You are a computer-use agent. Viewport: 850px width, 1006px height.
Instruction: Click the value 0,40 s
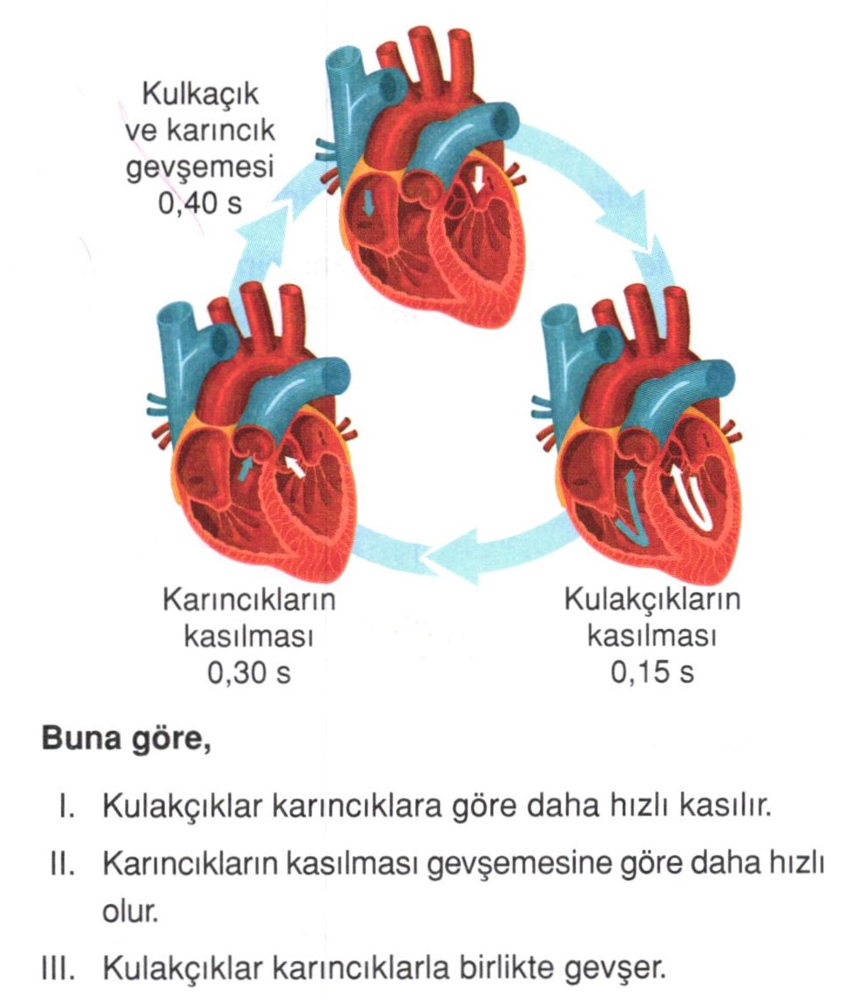[x=199, y=204]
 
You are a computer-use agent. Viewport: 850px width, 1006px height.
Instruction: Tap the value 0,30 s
[x=249, y=672]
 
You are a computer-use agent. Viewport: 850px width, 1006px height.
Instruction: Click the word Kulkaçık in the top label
[x=200, y=94]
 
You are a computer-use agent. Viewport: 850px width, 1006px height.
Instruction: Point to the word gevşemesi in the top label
[x=199, y=168]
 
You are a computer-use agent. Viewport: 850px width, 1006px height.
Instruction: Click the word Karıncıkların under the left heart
[x=250, y=600]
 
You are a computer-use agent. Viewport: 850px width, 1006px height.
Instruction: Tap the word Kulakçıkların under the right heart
[x=652, y=600]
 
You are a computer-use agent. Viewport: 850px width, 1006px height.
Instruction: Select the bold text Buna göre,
[x=126, y=739]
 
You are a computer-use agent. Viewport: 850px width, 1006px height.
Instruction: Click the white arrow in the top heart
[x=476, y=179]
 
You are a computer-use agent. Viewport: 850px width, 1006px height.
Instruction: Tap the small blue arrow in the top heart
[x=368, y=204]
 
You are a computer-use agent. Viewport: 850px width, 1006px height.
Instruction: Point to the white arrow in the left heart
[x=294, y=466]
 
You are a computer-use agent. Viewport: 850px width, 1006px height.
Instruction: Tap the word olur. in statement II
[x=131, y=912]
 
